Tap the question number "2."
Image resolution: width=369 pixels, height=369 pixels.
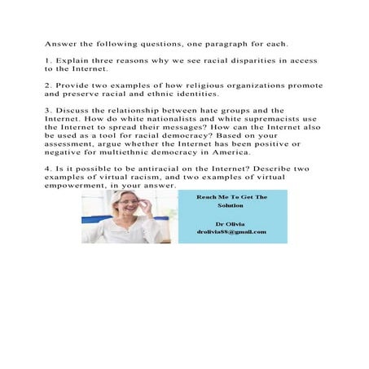point(48,85)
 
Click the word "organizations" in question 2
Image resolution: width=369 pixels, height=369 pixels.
point(263,85)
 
